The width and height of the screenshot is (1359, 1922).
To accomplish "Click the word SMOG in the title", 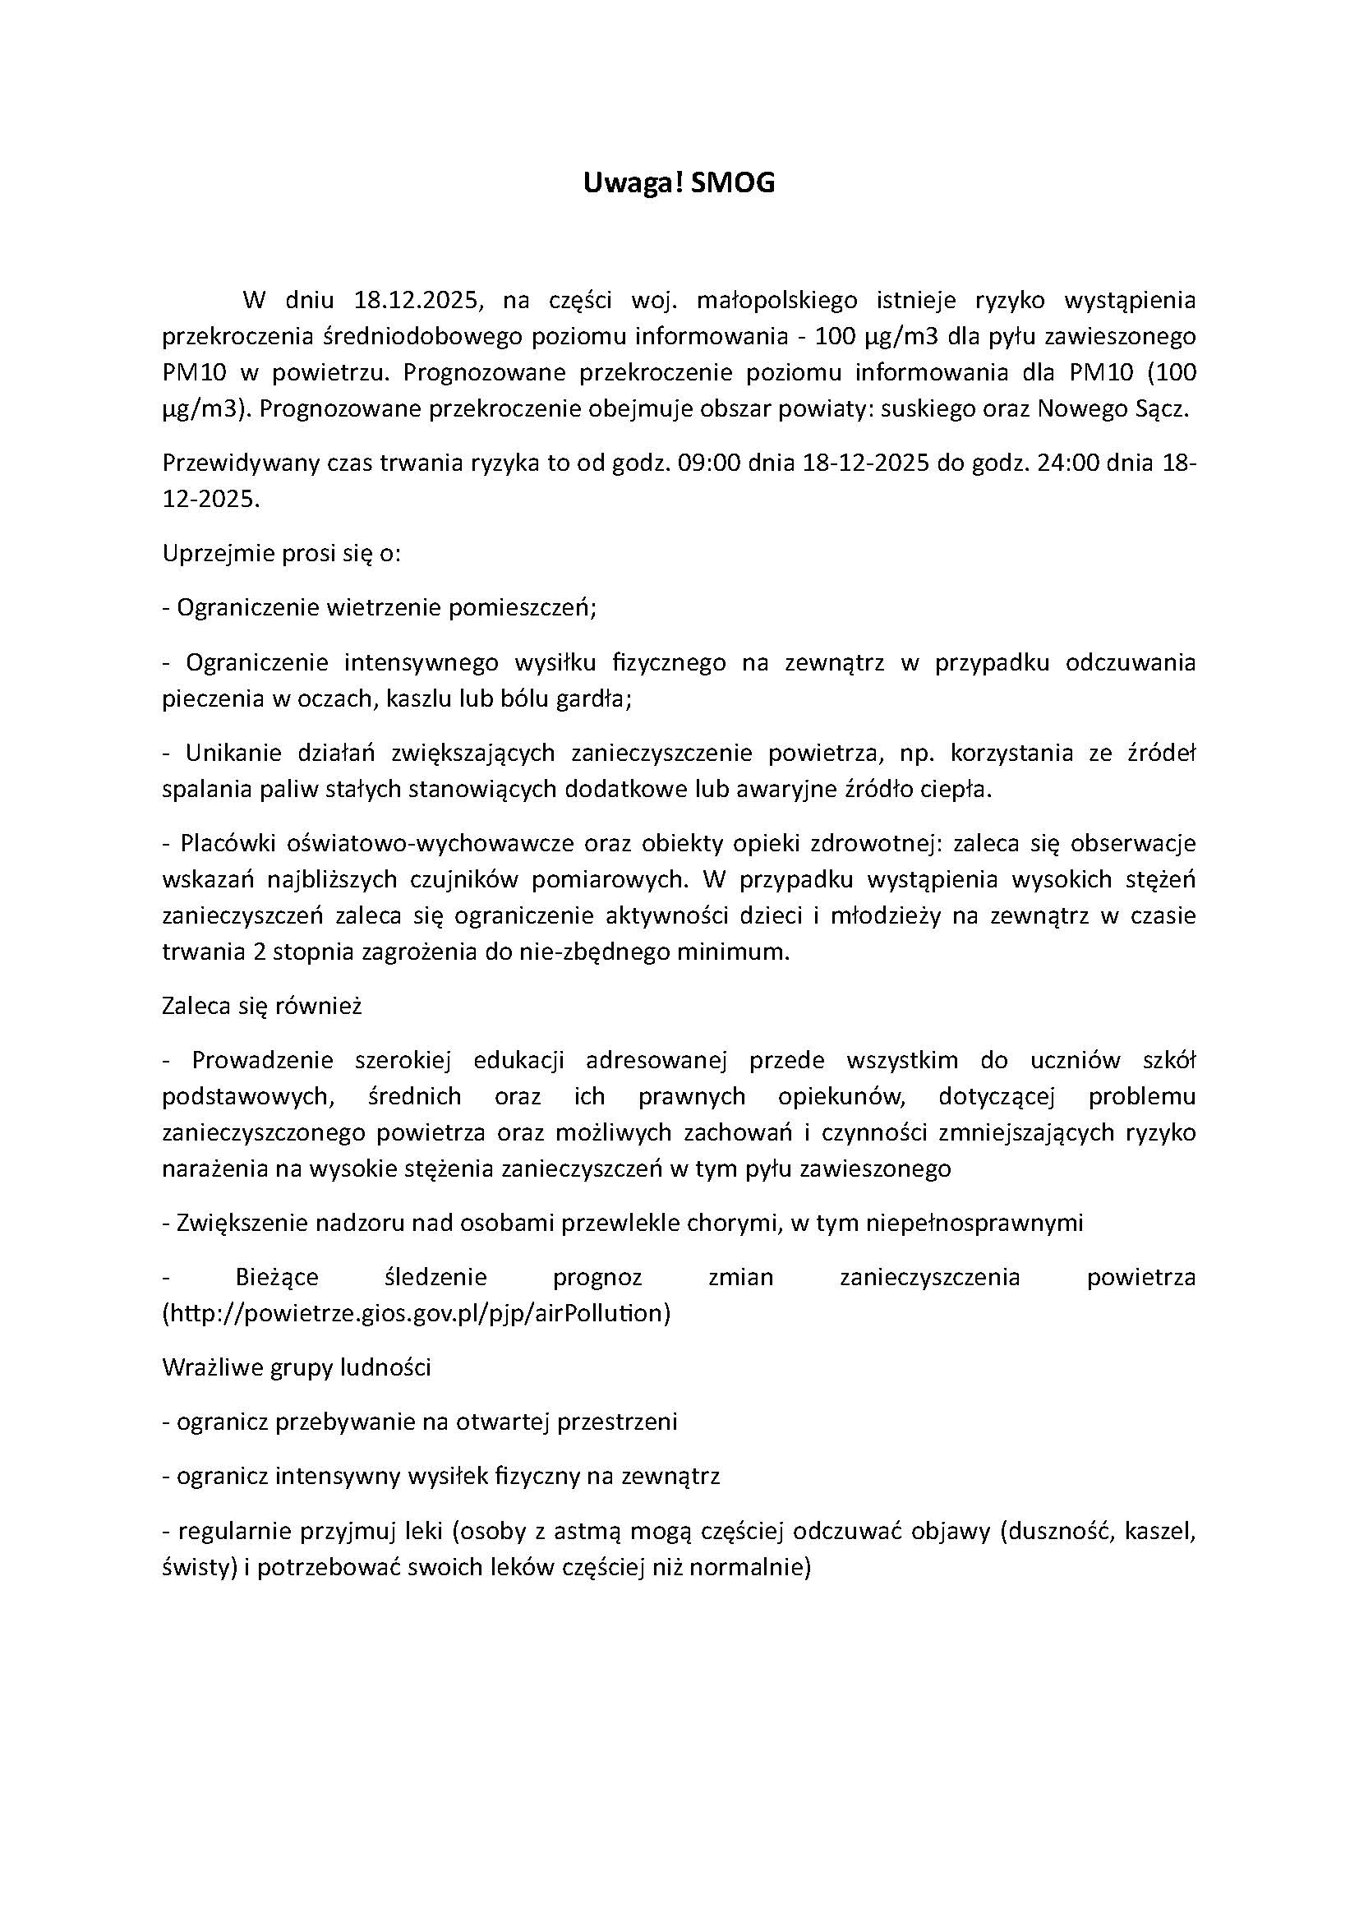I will (734, 184).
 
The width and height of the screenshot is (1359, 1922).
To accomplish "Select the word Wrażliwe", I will (210, 1368).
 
